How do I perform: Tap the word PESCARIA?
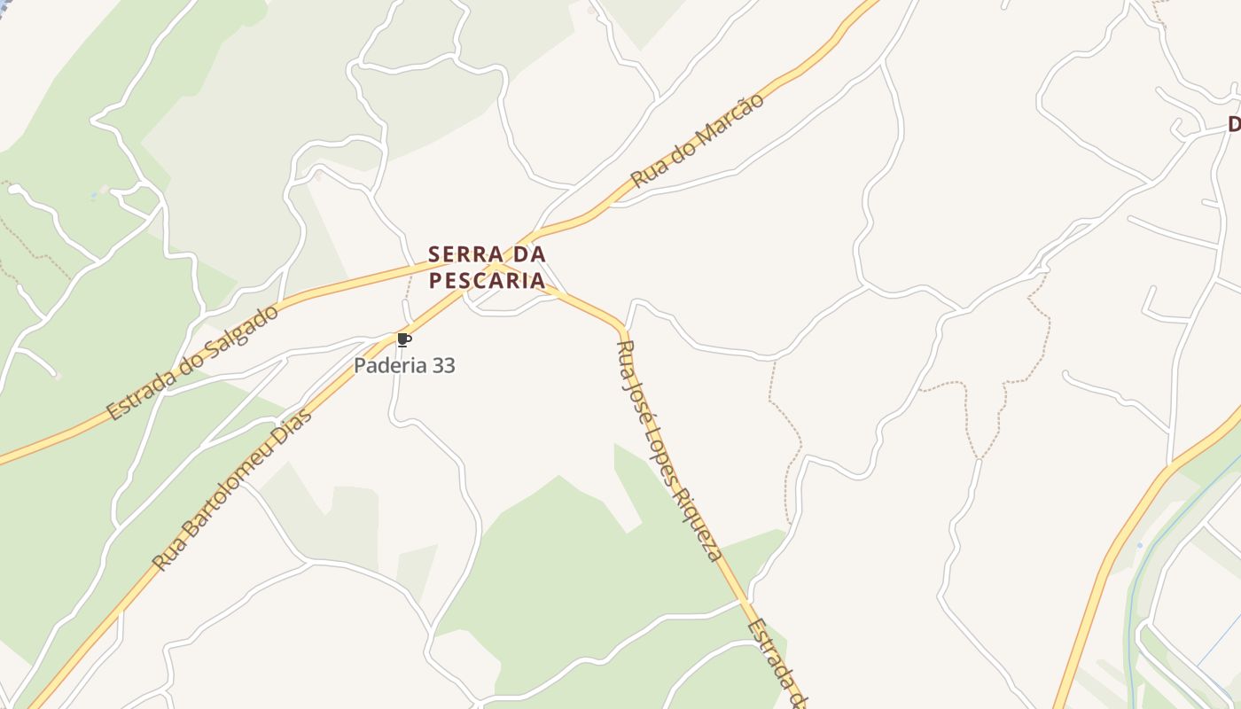click(x=487, y=281)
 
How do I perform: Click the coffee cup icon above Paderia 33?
click(x=403, y=340)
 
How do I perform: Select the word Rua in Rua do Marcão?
click(x=647, y=173)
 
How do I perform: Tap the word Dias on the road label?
click(x=295, y=428)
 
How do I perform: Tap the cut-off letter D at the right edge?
click(x=1234, y=125)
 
